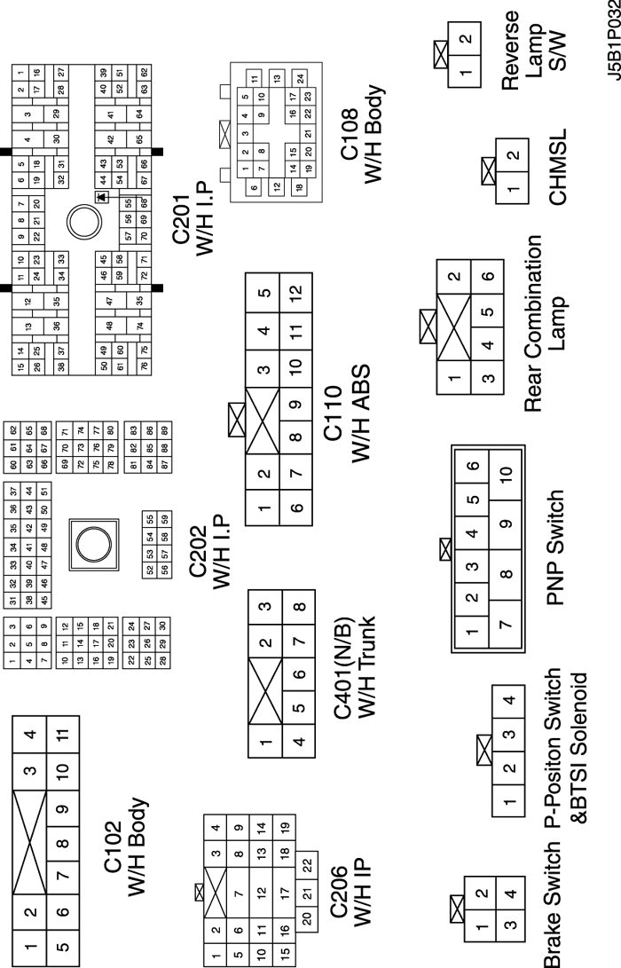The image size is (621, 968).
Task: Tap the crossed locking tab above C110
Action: [x=238, y=419]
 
